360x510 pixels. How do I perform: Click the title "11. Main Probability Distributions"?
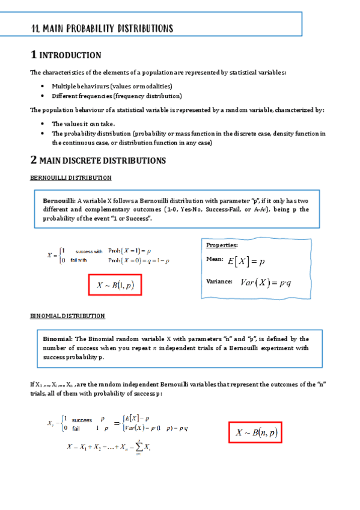(102, 28)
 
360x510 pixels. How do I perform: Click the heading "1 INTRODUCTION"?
(66, 55)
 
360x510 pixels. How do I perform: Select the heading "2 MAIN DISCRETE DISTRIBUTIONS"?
(98, 161)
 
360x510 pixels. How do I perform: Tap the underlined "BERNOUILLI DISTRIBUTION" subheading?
(70, 178)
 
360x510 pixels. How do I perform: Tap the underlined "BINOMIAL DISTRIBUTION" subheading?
(67, 316)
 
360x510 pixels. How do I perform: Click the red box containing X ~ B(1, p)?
(115, 285)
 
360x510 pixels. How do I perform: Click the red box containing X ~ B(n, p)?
(255, 432)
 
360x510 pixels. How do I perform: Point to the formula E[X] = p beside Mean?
(246, 262)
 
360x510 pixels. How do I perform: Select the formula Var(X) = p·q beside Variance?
(266, 282)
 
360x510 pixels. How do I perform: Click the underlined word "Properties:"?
(222, 245)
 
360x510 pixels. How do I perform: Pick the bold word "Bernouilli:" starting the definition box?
(59, 200)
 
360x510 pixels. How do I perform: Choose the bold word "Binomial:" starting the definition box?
(58, 339)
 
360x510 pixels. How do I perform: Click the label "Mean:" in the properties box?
(215, 259)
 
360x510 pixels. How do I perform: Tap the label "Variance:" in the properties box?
(219, 281)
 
